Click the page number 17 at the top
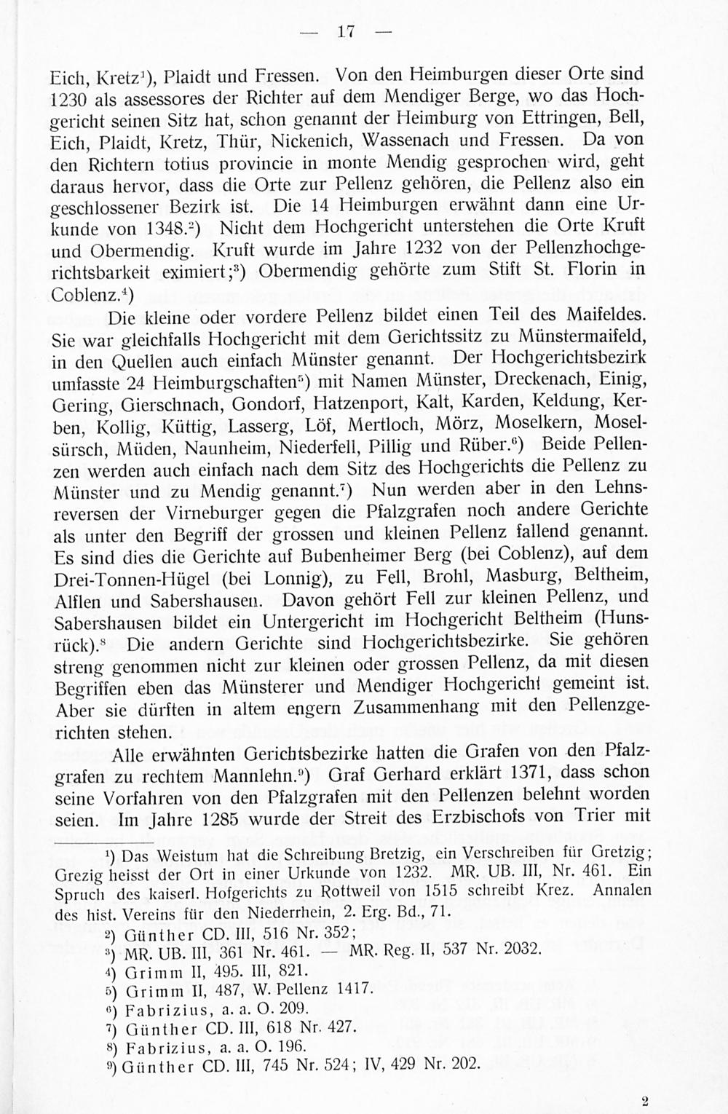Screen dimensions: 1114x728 coord(346,31)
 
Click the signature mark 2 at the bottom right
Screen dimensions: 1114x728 coord(644,1102)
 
